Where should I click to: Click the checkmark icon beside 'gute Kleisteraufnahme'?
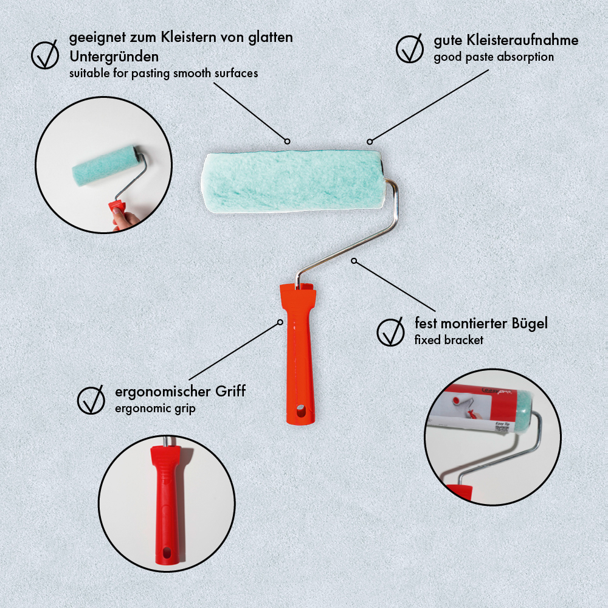tap(409, 49)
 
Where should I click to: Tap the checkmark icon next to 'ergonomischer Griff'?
tap(91, 400)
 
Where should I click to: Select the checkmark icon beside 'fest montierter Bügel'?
tap(390, 331)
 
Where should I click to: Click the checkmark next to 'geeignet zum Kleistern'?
tap(44, 55)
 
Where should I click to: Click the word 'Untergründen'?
tap(114, 57)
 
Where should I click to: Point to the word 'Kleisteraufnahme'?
tap(522, 40)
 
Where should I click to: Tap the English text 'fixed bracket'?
tap(449, 340)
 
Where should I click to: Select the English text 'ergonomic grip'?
tap(155, 409)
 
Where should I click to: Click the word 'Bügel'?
tap(530, 323)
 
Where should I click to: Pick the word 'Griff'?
tap(230, 391)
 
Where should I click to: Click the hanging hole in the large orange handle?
tap(300, 410)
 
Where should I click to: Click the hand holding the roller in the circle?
tap(123, 220)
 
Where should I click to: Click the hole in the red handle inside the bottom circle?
tap(167, 553)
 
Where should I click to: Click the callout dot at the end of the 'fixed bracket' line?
tap(354, 261)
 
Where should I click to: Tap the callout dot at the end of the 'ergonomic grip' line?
tap(280, 322)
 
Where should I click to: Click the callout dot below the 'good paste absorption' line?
tap(370, 142)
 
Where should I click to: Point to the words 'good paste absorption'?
tap(494, 57)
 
